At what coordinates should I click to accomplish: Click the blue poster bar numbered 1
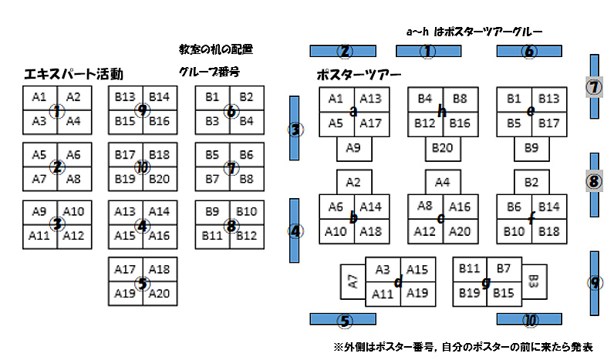428,51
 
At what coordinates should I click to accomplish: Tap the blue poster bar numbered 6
528,52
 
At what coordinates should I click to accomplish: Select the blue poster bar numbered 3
295,130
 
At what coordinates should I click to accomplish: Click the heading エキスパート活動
74,75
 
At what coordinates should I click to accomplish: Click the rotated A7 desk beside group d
353,281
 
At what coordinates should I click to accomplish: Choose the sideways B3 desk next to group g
533,280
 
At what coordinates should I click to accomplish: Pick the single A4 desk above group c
443,183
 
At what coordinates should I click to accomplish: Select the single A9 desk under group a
354,148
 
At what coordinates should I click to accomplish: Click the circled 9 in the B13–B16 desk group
142,109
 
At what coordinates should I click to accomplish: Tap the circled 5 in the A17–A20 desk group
142,281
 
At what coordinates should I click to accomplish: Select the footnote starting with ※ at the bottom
464,348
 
